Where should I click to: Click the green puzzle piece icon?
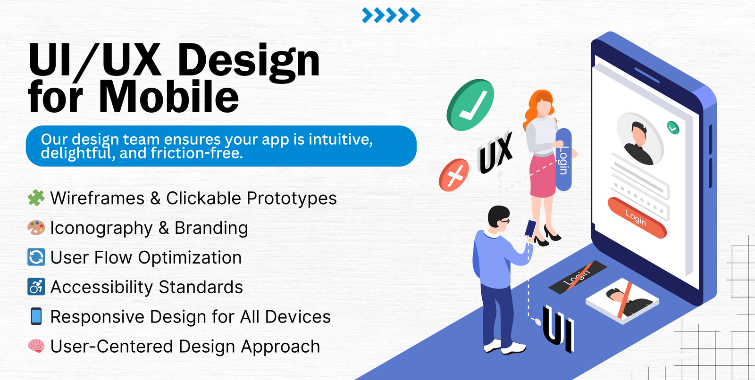click(x=36, y=198)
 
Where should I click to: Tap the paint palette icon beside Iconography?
click(x=36, y=227)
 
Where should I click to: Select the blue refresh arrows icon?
click(x=36, y=257)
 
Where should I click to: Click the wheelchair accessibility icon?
click(x=36, y=287)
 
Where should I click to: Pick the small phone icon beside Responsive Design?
click(x=36, y=316)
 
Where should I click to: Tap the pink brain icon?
click(x=36, y=346)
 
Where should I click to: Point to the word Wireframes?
click(x=97, y=198)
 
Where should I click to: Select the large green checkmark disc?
click(x=470, y=105)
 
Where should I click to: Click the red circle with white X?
click(x=453, y=175)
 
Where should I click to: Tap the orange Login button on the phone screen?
click(x=637, y=218)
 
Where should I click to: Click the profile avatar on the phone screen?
click(x=639, y=139)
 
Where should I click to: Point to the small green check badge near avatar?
click(x=673, y=128)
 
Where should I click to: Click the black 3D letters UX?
click(x=495, y=152)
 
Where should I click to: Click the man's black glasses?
click(x=504, y=221)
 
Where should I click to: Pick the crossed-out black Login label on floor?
click(x=578, y=277)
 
